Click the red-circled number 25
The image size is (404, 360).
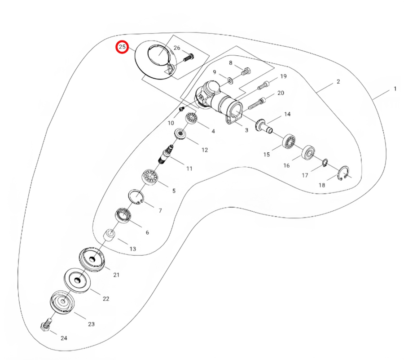pos(122,47)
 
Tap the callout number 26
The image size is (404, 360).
pos(177,48)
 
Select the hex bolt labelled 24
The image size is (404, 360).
pos(46,324)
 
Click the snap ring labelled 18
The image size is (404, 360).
pos(343,173)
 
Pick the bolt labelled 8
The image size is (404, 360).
pos(246,71)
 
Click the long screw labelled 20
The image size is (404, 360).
pos(257,103)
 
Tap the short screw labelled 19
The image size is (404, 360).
pos(263,85)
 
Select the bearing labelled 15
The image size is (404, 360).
pos(289,141)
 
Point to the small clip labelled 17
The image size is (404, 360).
pos(325,163)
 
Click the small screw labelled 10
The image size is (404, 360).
pos(181,109)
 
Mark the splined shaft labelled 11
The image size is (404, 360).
pos(165,154)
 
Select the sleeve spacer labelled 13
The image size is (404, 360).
pos(109,236)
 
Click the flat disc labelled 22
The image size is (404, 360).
pos(77,280)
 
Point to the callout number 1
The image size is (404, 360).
pos(395,89)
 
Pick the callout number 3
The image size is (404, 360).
pos(246,130)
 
